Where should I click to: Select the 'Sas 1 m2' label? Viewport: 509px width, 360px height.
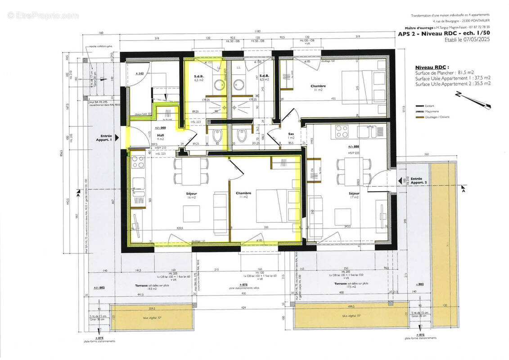click(291, 135)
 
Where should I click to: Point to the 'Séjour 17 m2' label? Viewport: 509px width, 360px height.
click(354, 195)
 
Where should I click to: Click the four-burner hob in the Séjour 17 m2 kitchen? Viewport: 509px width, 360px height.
click(342, 131)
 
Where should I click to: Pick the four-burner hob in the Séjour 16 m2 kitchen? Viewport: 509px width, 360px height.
click(138, 163)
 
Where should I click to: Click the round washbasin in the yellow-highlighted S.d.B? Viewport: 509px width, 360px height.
click(220, 85)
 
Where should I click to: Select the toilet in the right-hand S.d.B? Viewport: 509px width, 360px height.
click(242, 135)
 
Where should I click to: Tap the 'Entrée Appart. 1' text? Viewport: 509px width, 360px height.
click(106, 138)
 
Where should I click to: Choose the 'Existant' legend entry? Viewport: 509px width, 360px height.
click(434, 105)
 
